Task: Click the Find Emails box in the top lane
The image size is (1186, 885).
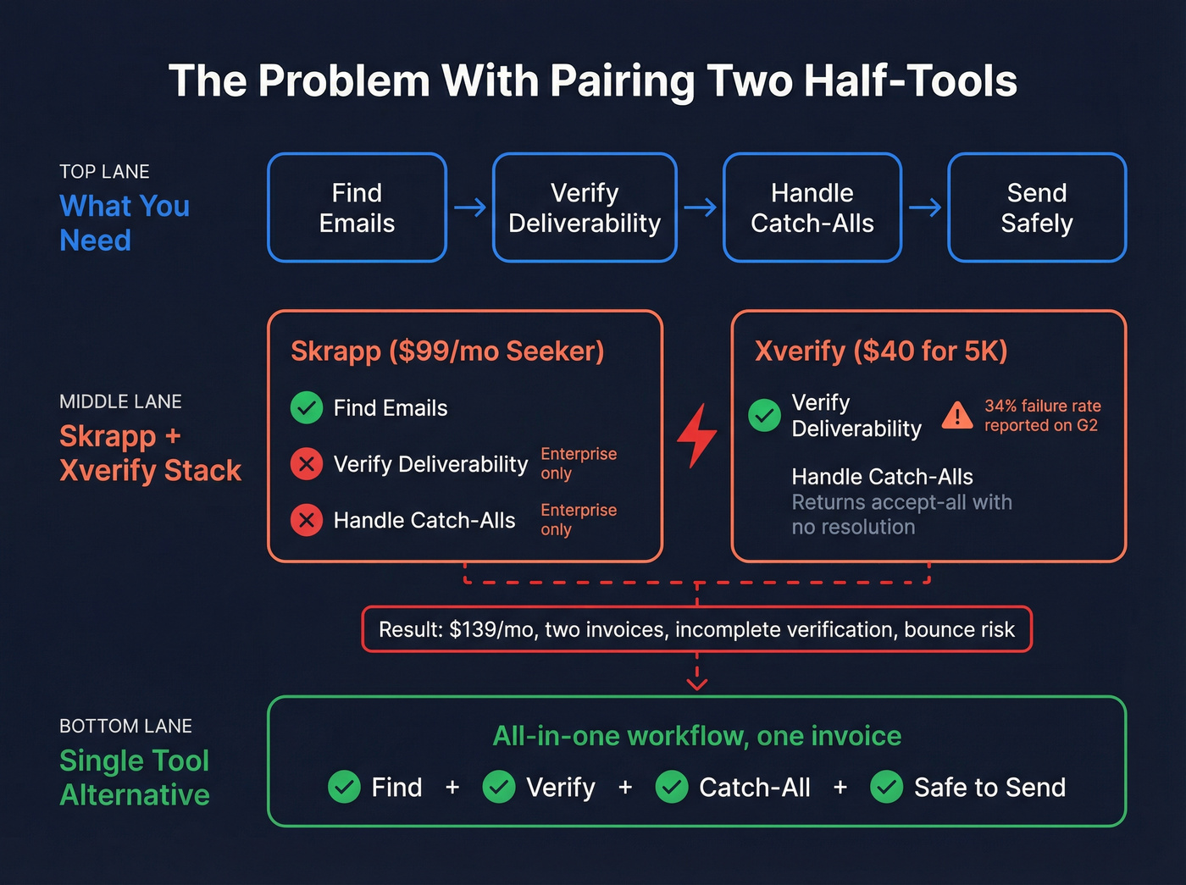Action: tap(357, 207)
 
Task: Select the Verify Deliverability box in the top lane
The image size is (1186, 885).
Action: tap(585, 207)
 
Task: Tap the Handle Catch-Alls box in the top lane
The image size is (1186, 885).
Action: tap(812, 207)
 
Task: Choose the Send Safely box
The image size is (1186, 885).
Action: tap(1036, 207)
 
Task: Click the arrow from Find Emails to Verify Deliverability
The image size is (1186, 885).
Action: tap(469, 207)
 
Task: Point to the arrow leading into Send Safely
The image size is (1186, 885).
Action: tap(924, 207)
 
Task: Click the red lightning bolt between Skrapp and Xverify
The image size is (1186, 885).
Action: tap(696, 435)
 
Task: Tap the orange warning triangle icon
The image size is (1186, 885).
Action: tap(957, 415)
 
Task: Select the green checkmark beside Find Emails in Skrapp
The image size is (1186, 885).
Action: tap(307, 408)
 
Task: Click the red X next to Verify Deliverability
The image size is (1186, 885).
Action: tap(307, 464)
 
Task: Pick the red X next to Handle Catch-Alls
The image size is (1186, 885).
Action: tap(307, 520)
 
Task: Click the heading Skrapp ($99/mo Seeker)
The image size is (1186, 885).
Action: tap(447, 351)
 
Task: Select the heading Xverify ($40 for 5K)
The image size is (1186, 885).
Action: tap(881, 351)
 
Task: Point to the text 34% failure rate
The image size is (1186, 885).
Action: tap(1042, 406)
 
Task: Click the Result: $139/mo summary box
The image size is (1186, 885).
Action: tap(696, 629)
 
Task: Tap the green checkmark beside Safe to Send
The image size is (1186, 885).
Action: tap(886, 787)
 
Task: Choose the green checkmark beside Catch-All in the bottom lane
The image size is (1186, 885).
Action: tap(671, 787)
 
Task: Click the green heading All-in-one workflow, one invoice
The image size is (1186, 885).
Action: tap(696, 736)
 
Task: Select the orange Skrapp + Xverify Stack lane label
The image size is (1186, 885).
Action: tap(150, 453)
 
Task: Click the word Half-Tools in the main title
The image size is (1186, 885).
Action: tap(910, 81)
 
